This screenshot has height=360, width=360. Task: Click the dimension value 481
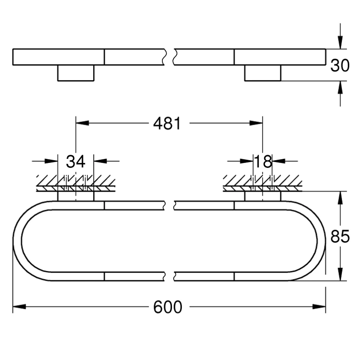pyautogui.click(x=167, y=123)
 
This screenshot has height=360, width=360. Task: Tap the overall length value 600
pyautogui.click(x=167, y=307)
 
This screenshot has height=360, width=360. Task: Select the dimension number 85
pyautogui.click(x=340, y=236)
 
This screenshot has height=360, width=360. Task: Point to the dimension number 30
pyautogui.click(x=340, y=65)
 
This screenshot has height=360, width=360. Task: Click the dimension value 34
pyautogui.click(x=76, y=162)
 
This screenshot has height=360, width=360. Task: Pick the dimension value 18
pyautogui.click(x=263, y=162)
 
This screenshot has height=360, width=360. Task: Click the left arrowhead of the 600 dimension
pyautogui.click(x=19, y=306)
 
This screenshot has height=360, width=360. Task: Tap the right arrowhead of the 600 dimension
pyautogui.click(x=319, y=306)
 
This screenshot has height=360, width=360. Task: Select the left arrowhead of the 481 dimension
pyautogui.click(x=82, y=123)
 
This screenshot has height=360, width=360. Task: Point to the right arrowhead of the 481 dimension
pyautogui.click(x=256, y=123)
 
